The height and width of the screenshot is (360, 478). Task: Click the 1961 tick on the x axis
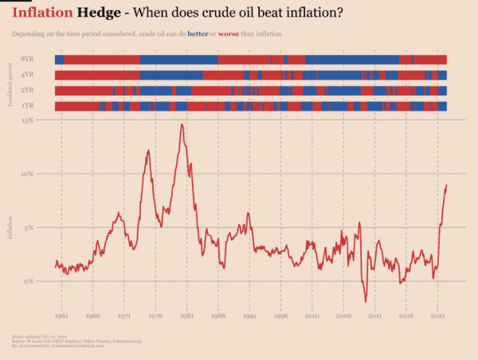pyautogui.click(x=61, y=316)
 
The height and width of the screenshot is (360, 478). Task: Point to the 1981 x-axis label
pyautogui.click(x=186, y=316)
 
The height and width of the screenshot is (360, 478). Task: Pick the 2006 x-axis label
pyautogui.click(x=343, y=316)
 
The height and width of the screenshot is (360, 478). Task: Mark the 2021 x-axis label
pyautogui.click(x=437, y=316)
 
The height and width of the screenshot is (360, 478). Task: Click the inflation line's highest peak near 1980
pyautogui.click(x=182, y=124)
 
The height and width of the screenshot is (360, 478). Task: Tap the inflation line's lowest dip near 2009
pyautogui.click(x=366, y=302)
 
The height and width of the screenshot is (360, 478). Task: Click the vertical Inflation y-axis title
pyautogui.click(x=10, y=225)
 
